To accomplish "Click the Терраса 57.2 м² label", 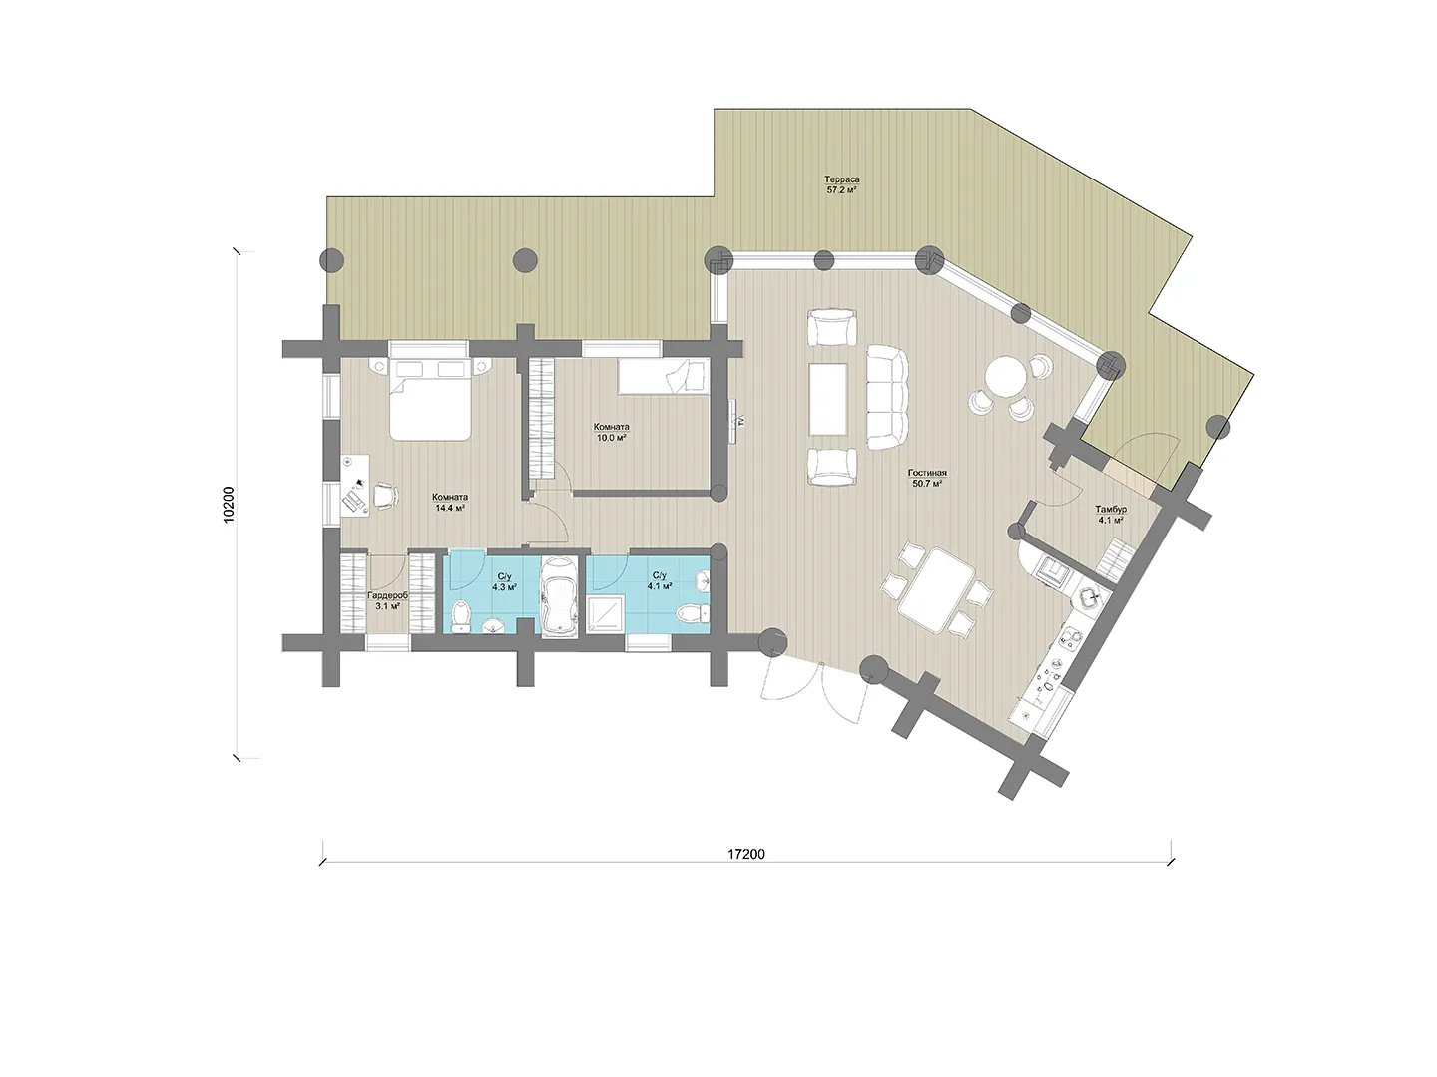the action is pos(842,184).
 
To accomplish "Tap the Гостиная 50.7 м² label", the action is pos(927,478).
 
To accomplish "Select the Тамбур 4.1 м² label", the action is pos(1111,515).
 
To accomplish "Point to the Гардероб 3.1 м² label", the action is pos(387,601).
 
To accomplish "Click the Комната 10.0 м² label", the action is pos(612,432).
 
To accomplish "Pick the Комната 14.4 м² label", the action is pos(450,502).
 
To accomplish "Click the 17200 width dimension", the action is pos(746,854).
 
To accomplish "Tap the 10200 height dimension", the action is pos(228,505).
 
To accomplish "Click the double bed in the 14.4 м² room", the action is pos(430,398).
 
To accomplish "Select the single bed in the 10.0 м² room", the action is pos(664,376).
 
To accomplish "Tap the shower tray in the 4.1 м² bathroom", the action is pos(606,614).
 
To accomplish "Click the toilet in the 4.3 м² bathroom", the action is pos(462,614).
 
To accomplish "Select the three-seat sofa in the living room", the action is pos(888,398).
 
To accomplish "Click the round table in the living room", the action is pos(1000,377).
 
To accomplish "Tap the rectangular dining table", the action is pos(937,590).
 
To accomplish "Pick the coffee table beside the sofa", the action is pos(828,399).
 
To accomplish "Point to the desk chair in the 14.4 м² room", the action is pos(386,495).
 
